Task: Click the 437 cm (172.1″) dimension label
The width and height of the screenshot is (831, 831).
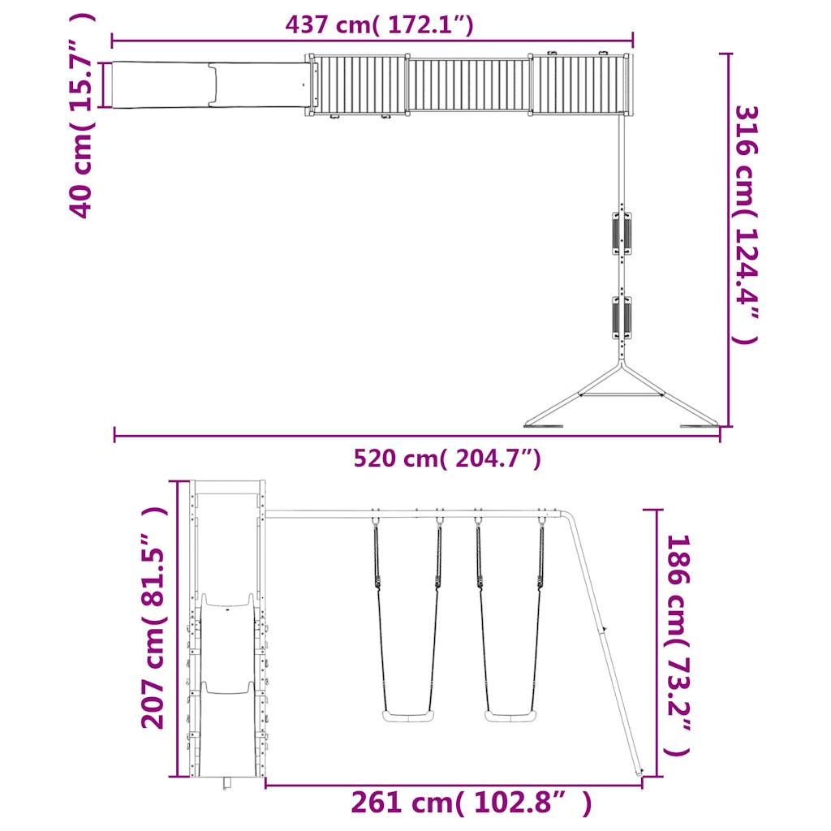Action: pyautogui.click(x=379, y=24)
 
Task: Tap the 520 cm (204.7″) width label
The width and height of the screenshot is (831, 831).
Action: pyautogui.click(x=447, y=459)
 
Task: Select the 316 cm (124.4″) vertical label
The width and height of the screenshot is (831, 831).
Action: pyautogui.click(x=747, y=225)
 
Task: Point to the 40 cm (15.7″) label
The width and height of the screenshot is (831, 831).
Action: pyautogui.click(x=82, y=115)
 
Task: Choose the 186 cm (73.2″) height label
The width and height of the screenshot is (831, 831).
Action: pyautogui.click(x=678, y=645)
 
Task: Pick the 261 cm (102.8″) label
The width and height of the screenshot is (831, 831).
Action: pyautogui.click(x=471, y=803)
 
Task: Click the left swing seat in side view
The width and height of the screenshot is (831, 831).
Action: pyautogui.click(x=407, y=717)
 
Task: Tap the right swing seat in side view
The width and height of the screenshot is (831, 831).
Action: pyautogui.click(x=510, y=717)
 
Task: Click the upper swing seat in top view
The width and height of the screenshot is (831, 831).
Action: pyautogui.click(x=622, y=233)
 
